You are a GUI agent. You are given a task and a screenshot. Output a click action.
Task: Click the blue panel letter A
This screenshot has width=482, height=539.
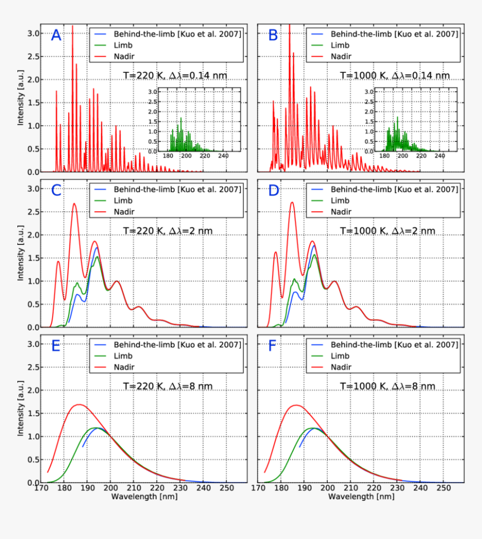(56, 36)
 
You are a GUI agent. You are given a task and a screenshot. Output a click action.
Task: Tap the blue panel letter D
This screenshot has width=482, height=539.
(274, 190)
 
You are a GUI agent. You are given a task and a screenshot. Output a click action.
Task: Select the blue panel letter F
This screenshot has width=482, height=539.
(273, 346)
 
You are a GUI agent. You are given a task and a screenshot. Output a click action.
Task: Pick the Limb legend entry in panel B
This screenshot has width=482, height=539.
(340, 45)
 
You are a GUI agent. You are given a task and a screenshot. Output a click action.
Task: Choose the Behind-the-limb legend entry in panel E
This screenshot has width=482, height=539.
(177, 345)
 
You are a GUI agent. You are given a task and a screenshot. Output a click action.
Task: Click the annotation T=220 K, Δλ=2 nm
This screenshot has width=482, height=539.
(168, 231)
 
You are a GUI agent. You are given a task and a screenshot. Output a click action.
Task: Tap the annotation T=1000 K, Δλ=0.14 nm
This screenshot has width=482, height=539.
(394, 76)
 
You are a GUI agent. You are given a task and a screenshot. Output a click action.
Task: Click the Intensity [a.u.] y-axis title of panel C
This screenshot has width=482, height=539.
(21, 258)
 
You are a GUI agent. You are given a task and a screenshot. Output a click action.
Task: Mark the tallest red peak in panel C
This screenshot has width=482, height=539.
(75, 203)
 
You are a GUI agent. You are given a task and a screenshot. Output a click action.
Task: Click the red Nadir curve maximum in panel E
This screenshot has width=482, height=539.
(79, 405)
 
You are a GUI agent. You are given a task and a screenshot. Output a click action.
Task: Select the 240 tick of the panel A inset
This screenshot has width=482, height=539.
(223, 156)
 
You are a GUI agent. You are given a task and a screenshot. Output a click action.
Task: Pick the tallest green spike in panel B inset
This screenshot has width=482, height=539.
(397, 117)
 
